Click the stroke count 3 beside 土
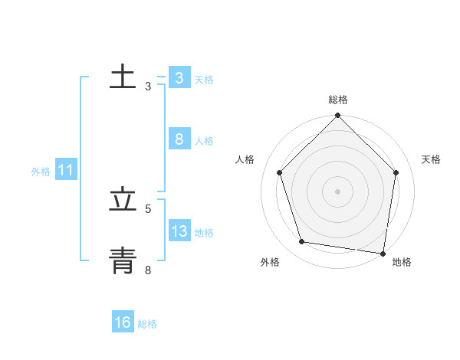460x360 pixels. (x=148, y=87)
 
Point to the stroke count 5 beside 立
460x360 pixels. (x=148, y=208)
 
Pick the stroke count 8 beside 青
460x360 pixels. (x=148, y=270)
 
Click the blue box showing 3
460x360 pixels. (x=179, y=78)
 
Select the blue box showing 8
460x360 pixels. (x=179, y=139)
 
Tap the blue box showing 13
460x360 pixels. (x=179, y=231)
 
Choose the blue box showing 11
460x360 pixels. (x=65, y=170)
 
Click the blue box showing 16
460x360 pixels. (x=123, y=322)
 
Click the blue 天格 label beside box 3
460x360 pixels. (x=204, y=80)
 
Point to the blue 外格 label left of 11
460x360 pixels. (x=41, y=172)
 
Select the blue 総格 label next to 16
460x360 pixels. (x=147, y=324)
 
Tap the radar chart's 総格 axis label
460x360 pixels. (x=338, y=100)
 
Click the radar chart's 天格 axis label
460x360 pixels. (x=432, y=159)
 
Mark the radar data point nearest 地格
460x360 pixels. (x=383, y=253)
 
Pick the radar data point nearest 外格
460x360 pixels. (x=302, y=242)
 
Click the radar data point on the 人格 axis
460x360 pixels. (x=280, y=172)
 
